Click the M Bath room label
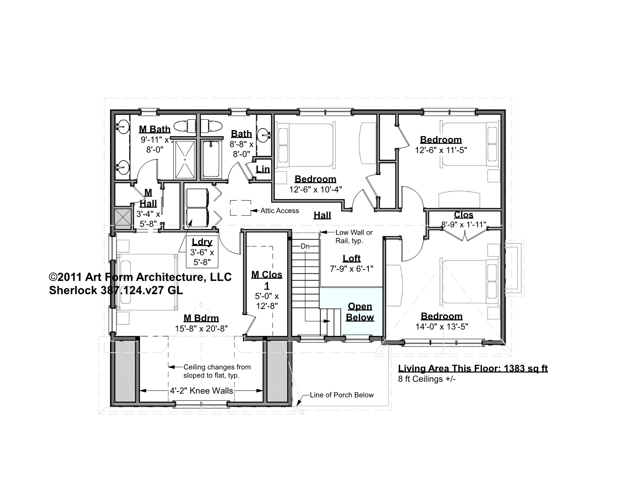click(x=154, y=129)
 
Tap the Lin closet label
click(x=263, y=169)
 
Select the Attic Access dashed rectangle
click(x=240, y=208)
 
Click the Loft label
click(x=352, y=258)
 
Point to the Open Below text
click(x=360, y=312)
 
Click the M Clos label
click(x=267, y=275)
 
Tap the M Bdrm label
click(x=201, y=318)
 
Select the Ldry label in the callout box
click(x=202, y=242)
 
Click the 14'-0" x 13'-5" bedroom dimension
click(x=442, y=327)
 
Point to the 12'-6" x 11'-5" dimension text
click(x=441, y=150)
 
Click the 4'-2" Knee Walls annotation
click(x=202, y=391)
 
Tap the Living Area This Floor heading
click(x=473, y=369)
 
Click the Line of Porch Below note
click(x=342, y=395)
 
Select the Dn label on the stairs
click(x=305, y=246)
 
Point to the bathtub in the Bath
click(x=211, y=159)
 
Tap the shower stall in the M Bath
click(x=185, y=159)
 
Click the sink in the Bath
click(x=264, y=135)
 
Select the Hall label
click(x=322, y=215)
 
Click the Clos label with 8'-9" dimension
click(x=464, y=215)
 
